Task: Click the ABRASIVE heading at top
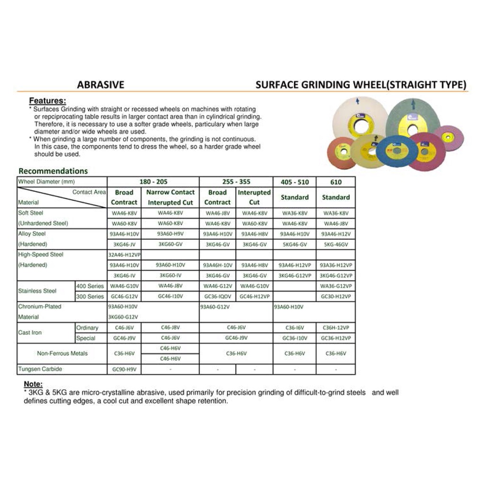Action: pos(101,85)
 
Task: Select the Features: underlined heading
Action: pos(47,101)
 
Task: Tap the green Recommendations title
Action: pos(53,171)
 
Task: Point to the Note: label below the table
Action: pos(33,384)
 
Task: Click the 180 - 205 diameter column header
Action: pos(153,182)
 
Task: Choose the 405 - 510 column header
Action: pos(294,182)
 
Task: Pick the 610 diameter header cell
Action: pos(336,182)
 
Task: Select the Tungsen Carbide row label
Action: pos(40,369)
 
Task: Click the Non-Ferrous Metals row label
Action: pos(62,354)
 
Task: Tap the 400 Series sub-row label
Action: pos(90,286)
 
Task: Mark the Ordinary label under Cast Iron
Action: pos(87,328)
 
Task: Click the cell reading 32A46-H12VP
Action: pos(124,255)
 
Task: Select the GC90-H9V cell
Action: pos(124,369)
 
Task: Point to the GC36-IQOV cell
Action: pos(217,297)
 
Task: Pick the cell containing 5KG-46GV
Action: pos(336,244)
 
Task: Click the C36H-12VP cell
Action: pos(336,328)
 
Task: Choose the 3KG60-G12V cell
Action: pos(123,317)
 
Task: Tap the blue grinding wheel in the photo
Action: pos(397,150)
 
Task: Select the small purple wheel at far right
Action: pos(448,138)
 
